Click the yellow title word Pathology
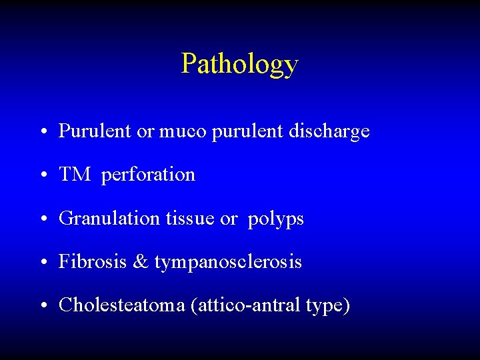[x=239, y=65]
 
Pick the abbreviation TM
[x=73, y=175]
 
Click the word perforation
[x=148, y=175]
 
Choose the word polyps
[x=275, y=219]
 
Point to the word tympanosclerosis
[x=228, y=263]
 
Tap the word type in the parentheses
[x=327, y=307]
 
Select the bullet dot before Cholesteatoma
[x=43, y=307]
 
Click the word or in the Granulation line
[x=228, y=219]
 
